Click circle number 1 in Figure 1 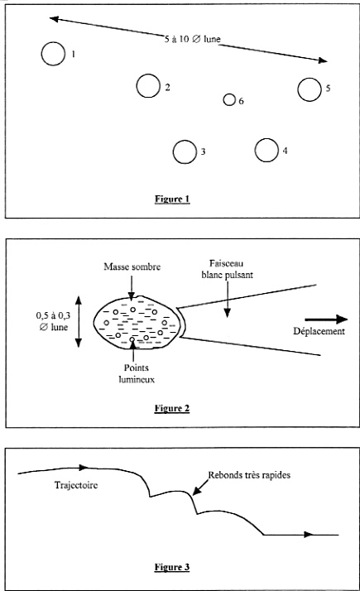point(42,54)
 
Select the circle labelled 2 point(137,86)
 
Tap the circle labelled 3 point(174,152)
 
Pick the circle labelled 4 point(255,150)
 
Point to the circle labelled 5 point(298,89)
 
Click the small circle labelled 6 point(223,99)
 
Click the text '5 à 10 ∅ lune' point(192,39)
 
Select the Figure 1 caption point(172,199)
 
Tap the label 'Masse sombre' point(132,267)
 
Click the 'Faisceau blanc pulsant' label point(227,269)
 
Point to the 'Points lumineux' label point(137,373)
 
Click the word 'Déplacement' point(319,331)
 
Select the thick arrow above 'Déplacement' point(326,320)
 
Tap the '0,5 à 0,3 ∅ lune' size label point(53,321)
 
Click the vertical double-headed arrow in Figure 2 point(78,321)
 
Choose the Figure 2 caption point(172,409)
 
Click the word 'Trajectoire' point(76,485)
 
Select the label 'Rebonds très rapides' point(250,475)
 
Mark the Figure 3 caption point(172,567)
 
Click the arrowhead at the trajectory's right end point(310,535)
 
